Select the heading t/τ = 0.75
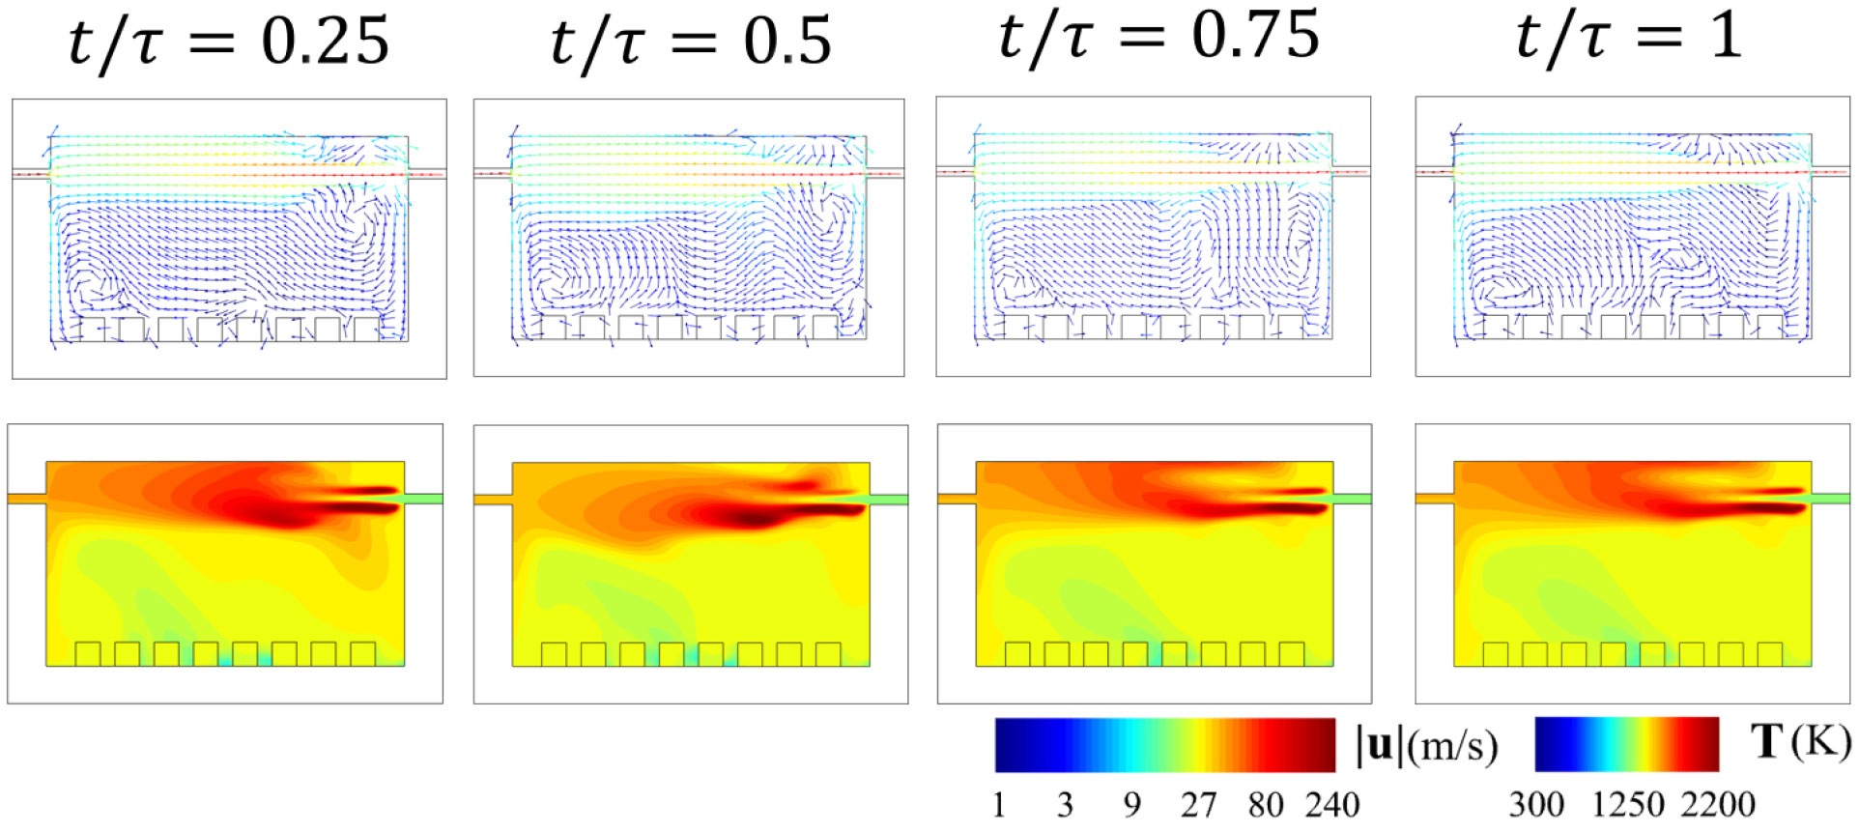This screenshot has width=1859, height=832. [x=1158, y=37]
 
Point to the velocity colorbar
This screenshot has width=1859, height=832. [x=1164, y=745]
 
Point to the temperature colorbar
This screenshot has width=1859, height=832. [x=1626, y=744]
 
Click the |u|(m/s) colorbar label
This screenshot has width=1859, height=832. [x=1427, y=745]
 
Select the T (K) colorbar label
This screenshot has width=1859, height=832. [x=1800, y=741]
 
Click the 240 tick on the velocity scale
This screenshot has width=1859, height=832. [x=1332, y=804]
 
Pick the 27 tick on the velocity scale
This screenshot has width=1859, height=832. [x=1198, y=804]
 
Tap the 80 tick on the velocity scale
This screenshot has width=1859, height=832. [x=1265, y=804]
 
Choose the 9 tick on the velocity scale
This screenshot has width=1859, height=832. [x=1131, y=804]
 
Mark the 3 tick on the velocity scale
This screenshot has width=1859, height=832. [x=1065, y=804]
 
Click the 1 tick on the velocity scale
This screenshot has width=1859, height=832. [x=999, y=804]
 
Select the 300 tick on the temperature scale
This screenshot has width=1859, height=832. [x=1536, y=804]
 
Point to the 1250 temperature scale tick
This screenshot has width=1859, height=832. [x=1628, y=804]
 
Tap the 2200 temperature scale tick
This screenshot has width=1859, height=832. [x=1717, y=804]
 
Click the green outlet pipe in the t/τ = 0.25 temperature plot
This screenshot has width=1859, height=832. [x=423, y=499]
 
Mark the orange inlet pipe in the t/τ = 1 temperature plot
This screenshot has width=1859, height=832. [x=1434, y=499]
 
